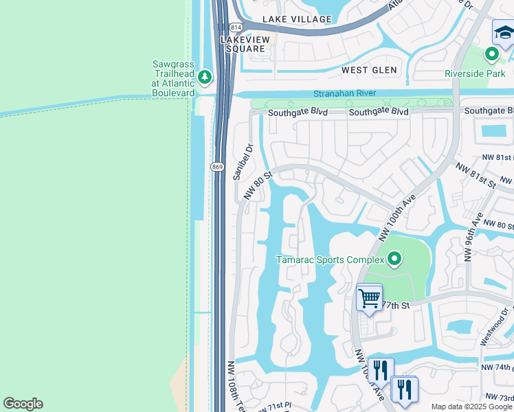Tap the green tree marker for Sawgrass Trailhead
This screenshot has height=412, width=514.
click(x=205, y=76)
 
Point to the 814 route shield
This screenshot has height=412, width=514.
click(x=236, y=27)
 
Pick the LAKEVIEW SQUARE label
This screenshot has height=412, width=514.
click(x=243, y=45)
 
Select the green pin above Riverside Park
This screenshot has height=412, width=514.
click(x=491, y=54)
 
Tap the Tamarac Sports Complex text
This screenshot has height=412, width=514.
click(x=330, y=260)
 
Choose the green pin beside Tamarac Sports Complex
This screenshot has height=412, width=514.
click(x=394, y=259)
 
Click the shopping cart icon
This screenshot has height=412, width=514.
click(x=369, y=299)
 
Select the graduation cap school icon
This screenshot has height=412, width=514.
click(x=504, y=32)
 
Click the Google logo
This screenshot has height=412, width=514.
click(x=23, y=404)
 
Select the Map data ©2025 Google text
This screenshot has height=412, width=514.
click(x=471, y=407)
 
